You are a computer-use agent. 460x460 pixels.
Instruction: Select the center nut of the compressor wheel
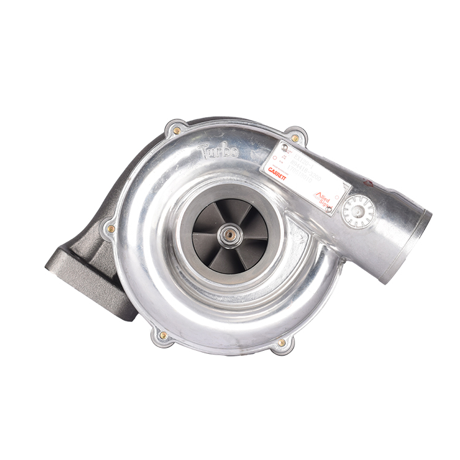click(231, 234)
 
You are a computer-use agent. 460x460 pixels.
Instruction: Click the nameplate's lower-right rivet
click(329, 209)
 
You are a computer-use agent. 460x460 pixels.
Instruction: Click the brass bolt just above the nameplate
click(295, 138)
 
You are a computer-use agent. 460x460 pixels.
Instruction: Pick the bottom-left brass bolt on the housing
click(163, 335)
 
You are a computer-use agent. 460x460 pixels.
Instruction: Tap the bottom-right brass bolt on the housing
click(282, 342)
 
